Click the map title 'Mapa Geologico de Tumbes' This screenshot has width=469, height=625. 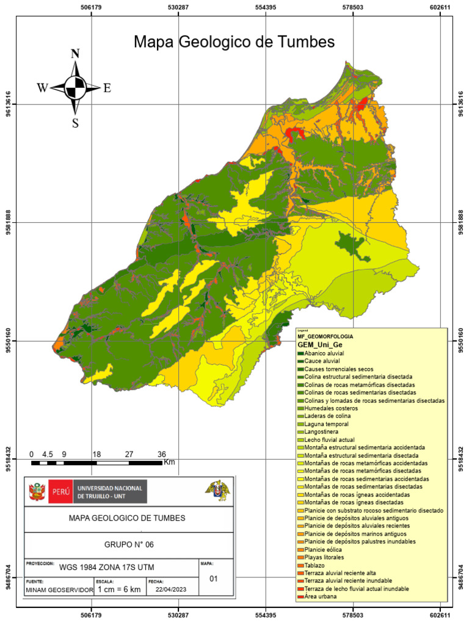234,42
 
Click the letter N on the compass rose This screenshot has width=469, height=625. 75,53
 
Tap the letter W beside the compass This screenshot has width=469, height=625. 42,88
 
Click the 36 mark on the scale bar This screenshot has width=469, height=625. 162,455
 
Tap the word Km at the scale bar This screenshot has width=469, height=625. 169,463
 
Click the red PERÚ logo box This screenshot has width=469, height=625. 60,491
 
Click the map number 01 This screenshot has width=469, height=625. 214,579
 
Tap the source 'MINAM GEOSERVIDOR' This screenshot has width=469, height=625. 59,590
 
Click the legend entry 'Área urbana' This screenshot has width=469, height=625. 320,596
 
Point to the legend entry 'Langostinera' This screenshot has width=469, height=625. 322,432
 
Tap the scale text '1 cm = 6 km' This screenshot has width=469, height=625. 119,590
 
